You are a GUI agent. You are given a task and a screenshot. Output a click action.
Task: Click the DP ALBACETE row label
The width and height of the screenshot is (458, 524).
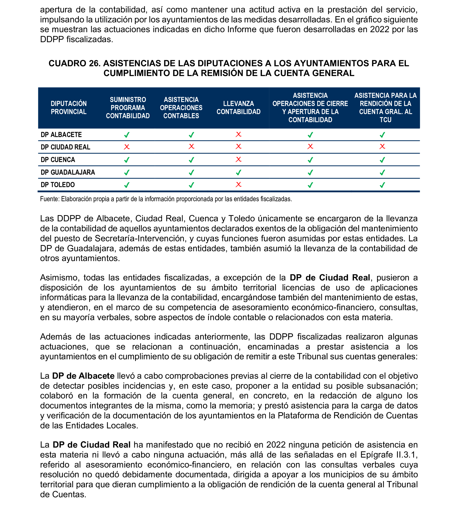click(x=61, y=135)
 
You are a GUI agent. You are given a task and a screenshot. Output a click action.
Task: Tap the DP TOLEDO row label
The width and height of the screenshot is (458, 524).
click(x=58, y=185)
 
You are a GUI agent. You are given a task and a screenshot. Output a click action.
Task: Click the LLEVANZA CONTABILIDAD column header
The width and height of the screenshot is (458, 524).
click(x=238, y=108)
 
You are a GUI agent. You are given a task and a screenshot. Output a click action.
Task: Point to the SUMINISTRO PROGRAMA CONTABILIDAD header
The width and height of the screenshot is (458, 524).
click(x=128, y=108)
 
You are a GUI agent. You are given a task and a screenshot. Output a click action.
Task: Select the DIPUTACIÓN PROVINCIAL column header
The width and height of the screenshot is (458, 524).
click(x=69, y=108)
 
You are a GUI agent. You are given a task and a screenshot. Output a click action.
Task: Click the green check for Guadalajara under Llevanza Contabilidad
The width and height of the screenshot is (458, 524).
click(x=238, y=173)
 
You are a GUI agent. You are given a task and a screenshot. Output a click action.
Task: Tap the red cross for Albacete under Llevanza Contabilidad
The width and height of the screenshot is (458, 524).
click(x=238, y=134)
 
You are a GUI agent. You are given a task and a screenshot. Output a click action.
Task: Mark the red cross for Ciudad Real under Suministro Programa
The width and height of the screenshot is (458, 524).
click(x=127, y=147)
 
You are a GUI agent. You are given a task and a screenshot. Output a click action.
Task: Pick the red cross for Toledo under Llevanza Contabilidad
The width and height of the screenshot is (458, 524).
click(x=238, y=185)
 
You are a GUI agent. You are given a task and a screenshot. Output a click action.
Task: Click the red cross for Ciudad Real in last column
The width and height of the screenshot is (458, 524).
click(x=382, y=147)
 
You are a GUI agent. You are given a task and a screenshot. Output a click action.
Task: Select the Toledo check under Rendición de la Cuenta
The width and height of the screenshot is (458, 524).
click(x=382, y=185)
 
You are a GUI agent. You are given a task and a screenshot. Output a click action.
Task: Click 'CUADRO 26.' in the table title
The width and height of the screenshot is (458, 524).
click(x=75, y=63)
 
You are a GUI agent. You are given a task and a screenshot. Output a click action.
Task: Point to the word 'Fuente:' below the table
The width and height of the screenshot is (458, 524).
click(x=50, y=199)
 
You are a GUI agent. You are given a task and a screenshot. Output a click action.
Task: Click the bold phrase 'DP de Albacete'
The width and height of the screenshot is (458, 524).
click(x=83, y=376)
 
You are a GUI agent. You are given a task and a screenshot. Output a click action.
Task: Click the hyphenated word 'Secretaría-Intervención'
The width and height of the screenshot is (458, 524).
click(x=140, y=239)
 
